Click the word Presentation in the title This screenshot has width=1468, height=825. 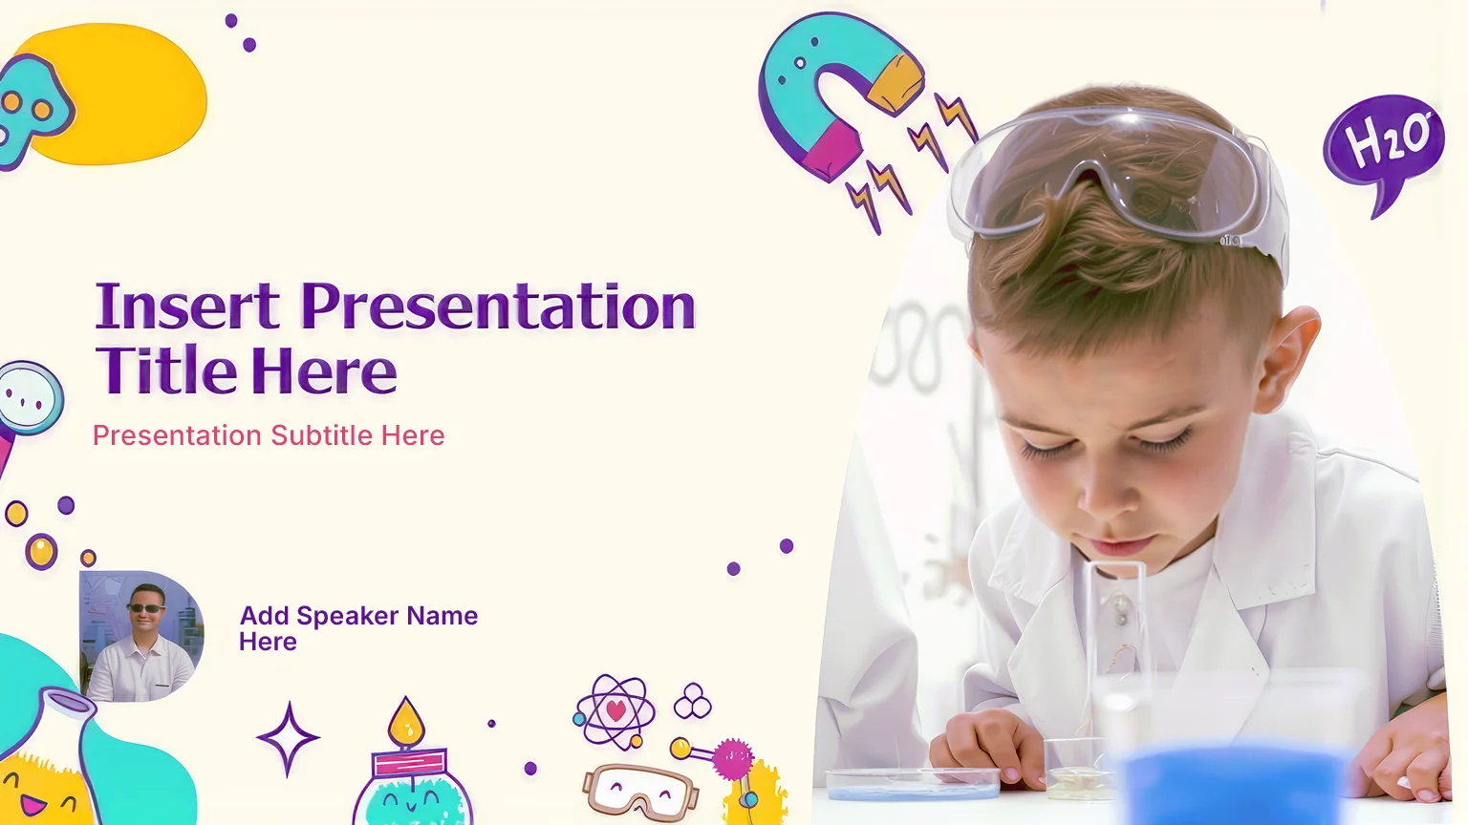point(498,307)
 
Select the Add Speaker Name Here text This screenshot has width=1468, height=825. point(358,628)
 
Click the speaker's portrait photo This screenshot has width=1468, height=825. point(140,636)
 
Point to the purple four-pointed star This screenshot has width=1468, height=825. point(288,738)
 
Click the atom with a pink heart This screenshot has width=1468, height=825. point(615,712)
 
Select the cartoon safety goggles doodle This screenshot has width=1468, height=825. point(639,792)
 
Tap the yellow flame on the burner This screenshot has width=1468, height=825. point(405,722)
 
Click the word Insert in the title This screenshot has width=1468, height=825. point(188,307)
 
